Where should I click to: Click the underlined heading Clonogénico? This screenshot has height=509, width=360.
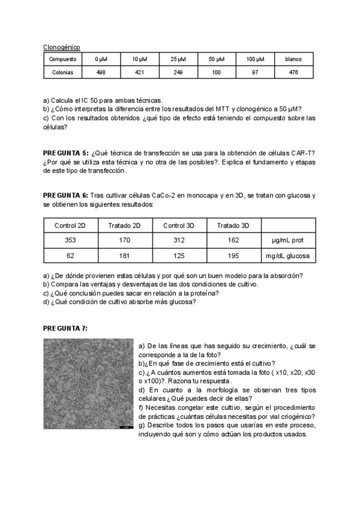pyautogui.click(x=62, y=47)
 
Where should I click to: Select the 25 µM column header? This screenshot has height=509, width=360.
pyautogui.click(x=177, y=59)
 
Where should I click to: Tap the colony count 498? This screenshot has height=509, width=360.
pyautogui.click(x=101, y=72)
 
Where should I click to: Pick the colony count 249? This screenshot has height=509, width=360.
pyautogui.click(x=177, y=72)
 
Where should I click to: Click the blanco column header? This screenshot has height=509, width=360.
pyautogui.click(x=293, y=59)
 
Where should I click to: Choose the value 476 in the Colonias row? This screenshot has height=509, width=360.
pyautogui.click(x=293, y=72)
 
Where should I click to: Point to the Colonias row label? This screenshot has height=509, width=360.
pyautogui.click(x=62, y=72)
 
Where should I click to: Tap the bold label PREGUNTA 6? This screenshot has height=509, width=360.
pyautogui.click(x=66, y=196)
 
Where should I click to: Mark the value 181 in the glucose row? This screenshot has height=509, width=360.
pyautogui.click(x=124, y=256)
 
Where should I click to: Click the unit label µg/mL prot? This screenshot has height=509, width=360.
pyautogui.click(x=287, y=240)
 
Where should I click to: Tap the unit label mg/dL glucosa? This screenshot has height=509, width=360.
pyautogui.click(x=287, y=256)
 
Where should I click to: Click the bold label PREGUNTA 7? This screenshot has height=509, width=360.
pyautogui.click(x=66, y=328)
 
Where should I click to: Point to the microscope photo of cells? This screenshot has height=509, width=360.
pyautogui.click(x=88, y=384)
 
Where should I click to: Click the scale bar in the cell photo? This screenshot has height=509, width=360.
pyautogui.click(x=125, y=427)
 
